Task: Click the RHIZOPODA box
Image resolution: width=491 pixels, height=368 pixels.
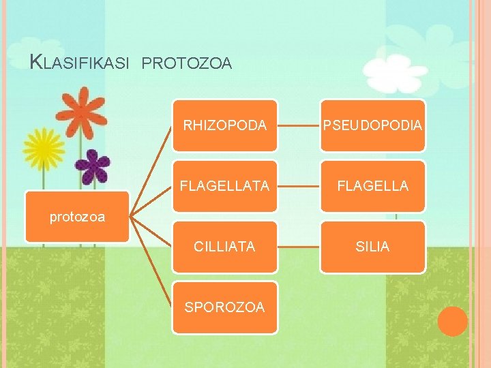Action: click(x=224, y=125)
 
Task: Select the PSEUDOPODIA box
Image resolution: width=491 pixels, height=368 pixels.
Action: click(x=372, y=125)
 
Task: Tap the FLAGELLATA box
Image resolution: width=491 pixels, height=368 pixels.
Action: click(x=224, y=185)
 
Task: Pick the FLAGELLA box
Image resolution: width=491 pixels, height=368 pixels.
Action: click(x=372, y=185)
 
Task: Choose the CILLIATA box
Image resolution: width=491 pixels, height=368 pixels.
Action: click(x=224, y=247)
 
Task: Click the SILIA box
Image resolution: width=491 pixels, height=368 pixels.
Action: click(x=372, y=247)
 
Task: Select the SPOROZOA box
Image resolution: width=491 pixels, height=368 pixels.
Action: click(x=224, y=307)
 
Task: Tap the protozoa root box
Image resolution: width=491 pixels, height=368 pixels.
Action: click(x=77, y=217)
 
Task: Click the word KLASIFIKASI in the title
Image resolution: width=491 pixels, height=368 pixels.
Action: click(x=80, y=63)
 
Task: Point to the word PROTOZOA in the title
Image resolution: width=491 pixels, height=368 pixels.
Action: click(x=188, y=64)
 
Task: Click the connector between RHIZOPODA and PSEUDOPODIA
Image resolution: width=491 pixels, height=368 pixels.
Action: click(x=299, y=125)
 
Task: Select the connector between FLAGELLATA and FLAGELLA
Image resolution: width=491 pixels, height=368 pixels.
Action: click(x=299, y=185)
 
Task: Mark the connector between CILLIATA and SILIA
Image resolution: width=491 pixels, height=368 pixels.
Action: click(x=299, y=247)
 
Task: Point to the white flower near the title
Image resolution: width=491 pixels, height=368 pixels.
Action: click(x=396, y=74)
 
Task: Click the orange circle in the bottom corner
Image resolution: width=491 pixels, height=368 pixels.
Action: click(x=452, y=321)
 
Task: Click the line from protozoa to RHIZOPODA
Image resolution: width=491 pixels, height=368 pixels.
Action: click(x=151, y=170)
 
